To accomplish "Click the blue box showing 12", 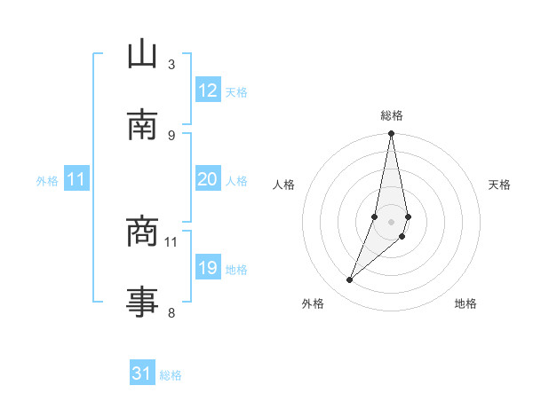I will point(207,90).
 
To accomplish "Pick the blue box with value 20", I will point(207,179).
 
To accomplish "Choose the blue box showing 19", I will point(207,268).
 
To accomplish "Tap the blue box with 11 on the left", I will point(76,179).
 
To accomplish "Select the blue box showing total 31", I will point(142,374).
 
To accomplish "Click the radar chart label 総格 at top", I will point(392,115).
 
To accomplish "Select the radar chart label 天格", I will point(499,185).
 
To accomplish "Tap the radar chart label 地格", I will point(465,303).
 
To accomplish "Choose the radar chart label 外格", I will point(313,303).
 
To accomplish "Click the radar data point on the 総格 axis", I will point(392,134).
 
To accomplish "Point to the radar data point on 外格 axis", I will point(350,280).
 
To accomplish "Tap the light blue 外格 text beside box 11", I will point(47,180).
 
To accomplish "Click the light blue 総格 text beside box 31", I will point(171,374).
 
